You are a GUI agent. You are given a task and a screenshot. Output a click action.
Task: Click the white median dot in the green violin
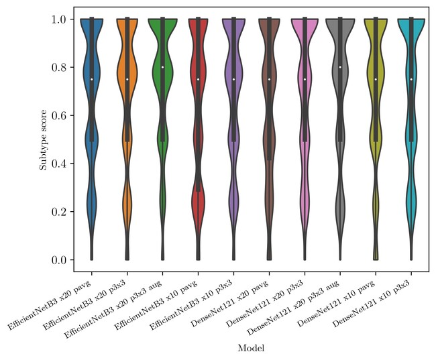[162, 67]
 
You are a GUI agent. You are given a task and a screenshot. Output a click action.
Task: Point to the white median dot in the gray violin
[340, 67]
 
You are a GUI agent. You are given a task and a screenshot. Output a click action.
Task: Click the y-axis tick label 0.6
[61, 116]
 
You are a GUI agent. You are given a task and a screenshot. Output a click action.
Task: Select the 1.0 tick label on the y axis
[61, 19]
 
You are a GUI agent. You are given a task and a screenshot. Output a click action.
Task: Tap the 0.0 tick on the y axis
[61, 260]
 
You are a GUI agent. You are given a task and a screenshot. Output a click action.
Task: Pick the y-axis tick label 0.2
[61, 212]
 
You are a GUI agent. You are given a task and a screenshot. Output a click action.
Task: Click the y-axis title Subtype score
[42, 139]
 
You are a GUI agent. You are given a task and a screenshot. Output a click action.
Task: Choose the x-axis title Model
[251, 349]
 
